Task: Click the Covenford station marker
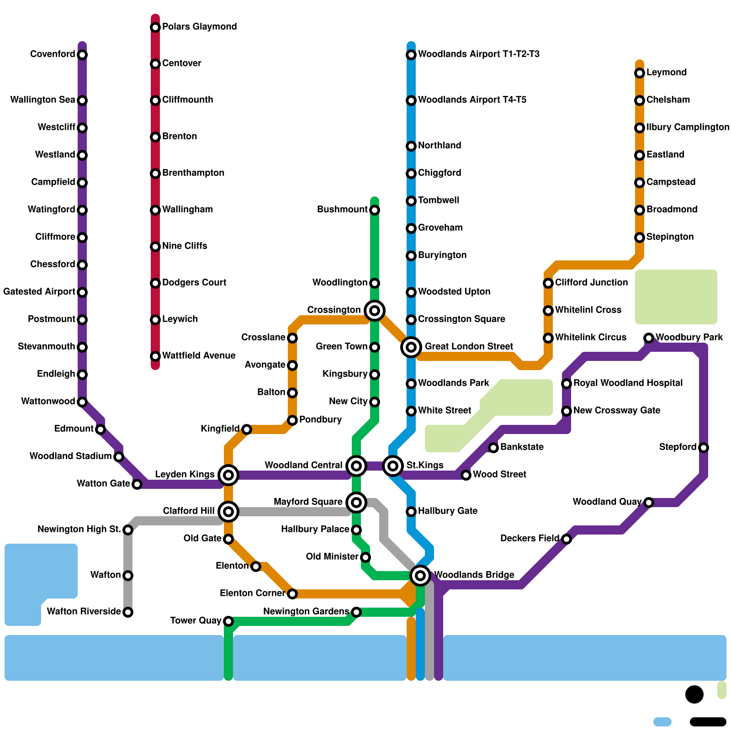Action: click(x=82, y=55)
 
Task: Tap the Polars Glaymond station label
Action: click(x=199, y=26)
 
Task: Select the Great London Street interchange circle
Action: click(x=411, y=347)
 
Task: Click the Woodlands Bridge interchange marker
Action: click(x=420, y=575)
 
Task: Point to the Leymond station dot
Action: click(x=640, y=73)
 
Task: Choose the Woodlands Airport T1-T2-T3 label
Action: click(x=478, y=54)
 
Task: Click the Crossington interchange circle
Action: click(x=375, y=311)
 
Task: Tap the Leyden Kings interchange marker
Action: click(x=228, y=475)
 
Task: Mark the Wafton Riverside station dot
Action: click(x=128, y=612)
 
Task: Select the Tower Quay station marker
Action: click(x=228, y=621)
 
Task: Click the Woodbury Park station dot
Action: click(x=649, y=338)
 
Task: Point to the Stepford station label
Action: click(x=678, y=447)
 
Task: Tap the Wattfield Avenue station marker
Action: click(x=155, y=356)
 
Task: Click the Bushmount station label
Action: click(x=342, y=209)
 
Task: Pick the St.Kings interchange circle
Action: click(x=393, y=466)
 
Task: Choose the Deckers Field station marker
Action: click(x=567, y=539)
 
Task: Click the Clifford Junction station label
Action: click(x=591, y=282)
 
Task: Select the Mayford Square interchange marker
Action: click(x=356, y=503)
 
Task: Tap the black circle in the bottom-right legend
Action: click(x=694, y=694)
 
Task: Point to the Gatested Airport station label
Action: click(x=39, y=291)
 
